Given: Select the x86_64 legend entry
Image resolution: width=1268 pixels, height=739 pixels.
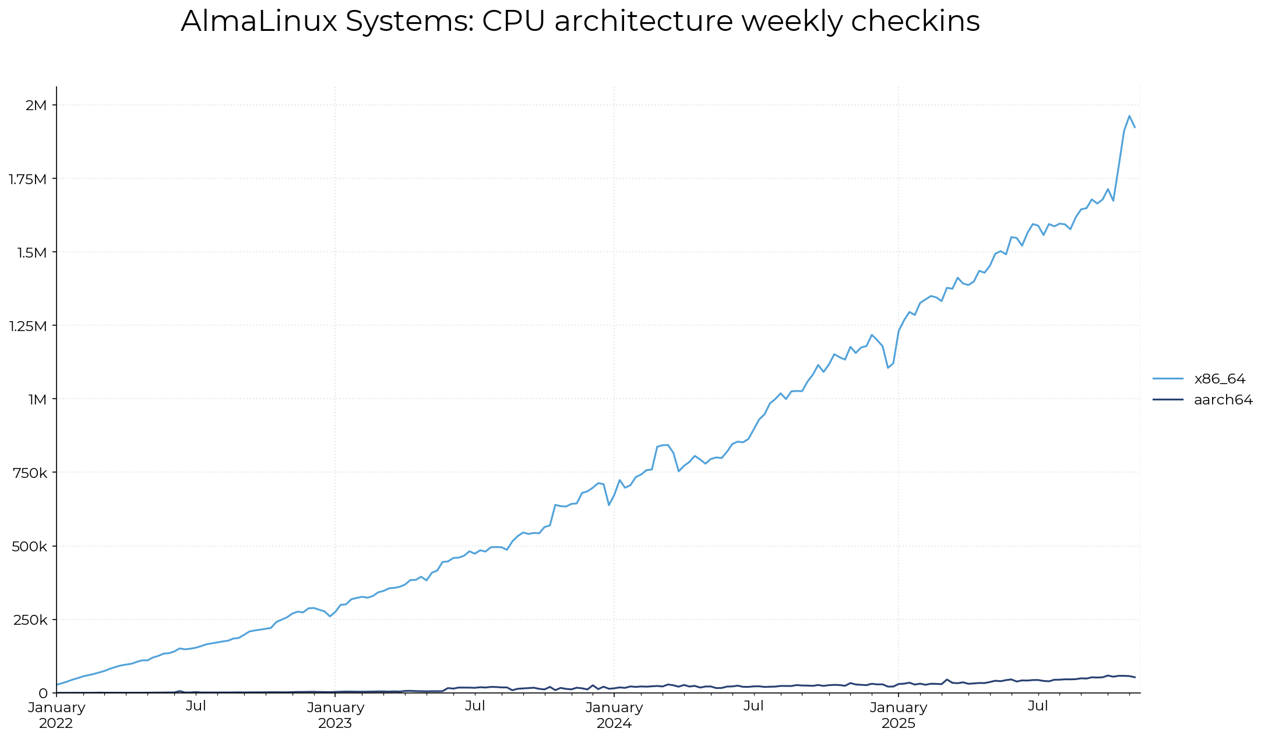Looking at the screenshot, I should coord(1219,379).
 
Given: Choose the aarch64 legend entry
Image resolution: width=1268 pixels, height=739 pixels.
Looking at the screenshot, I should coord(1223,400).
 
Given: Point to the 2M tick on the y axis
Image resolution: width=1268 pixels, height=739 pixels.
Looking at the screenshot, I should coord(36,105).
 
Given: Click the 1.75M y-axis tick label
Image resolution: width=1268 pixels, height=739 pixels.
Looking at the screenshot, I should coord(27,179).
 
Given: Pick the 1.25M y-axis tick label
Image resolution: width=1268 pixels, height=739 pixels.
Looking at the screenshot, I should coord(27,326).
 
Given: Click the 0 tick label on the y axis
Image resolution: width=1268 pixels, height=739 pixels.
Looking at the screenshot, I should coord(43,693).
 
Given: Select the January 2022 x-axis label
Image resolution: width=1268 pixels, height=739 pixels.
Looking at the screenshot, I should coord(57,715).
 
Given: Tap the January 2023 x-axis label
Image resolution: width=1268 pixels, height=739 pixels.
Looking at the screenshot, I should coord(335,715).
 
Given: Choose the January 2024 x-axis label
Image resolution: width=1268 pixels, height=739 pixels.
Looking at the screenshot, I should coord(614,715).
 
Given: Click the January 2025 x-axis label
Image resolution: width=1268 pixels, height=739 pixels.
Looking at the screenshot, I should coord(899,715).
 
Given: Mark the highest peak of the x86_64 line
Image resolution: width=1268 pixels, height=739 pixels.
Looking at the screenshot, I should coord(1129,116).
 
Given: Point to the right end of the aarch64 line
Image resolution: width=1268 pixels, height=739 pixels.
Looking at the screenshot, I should coord(1135,677).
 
